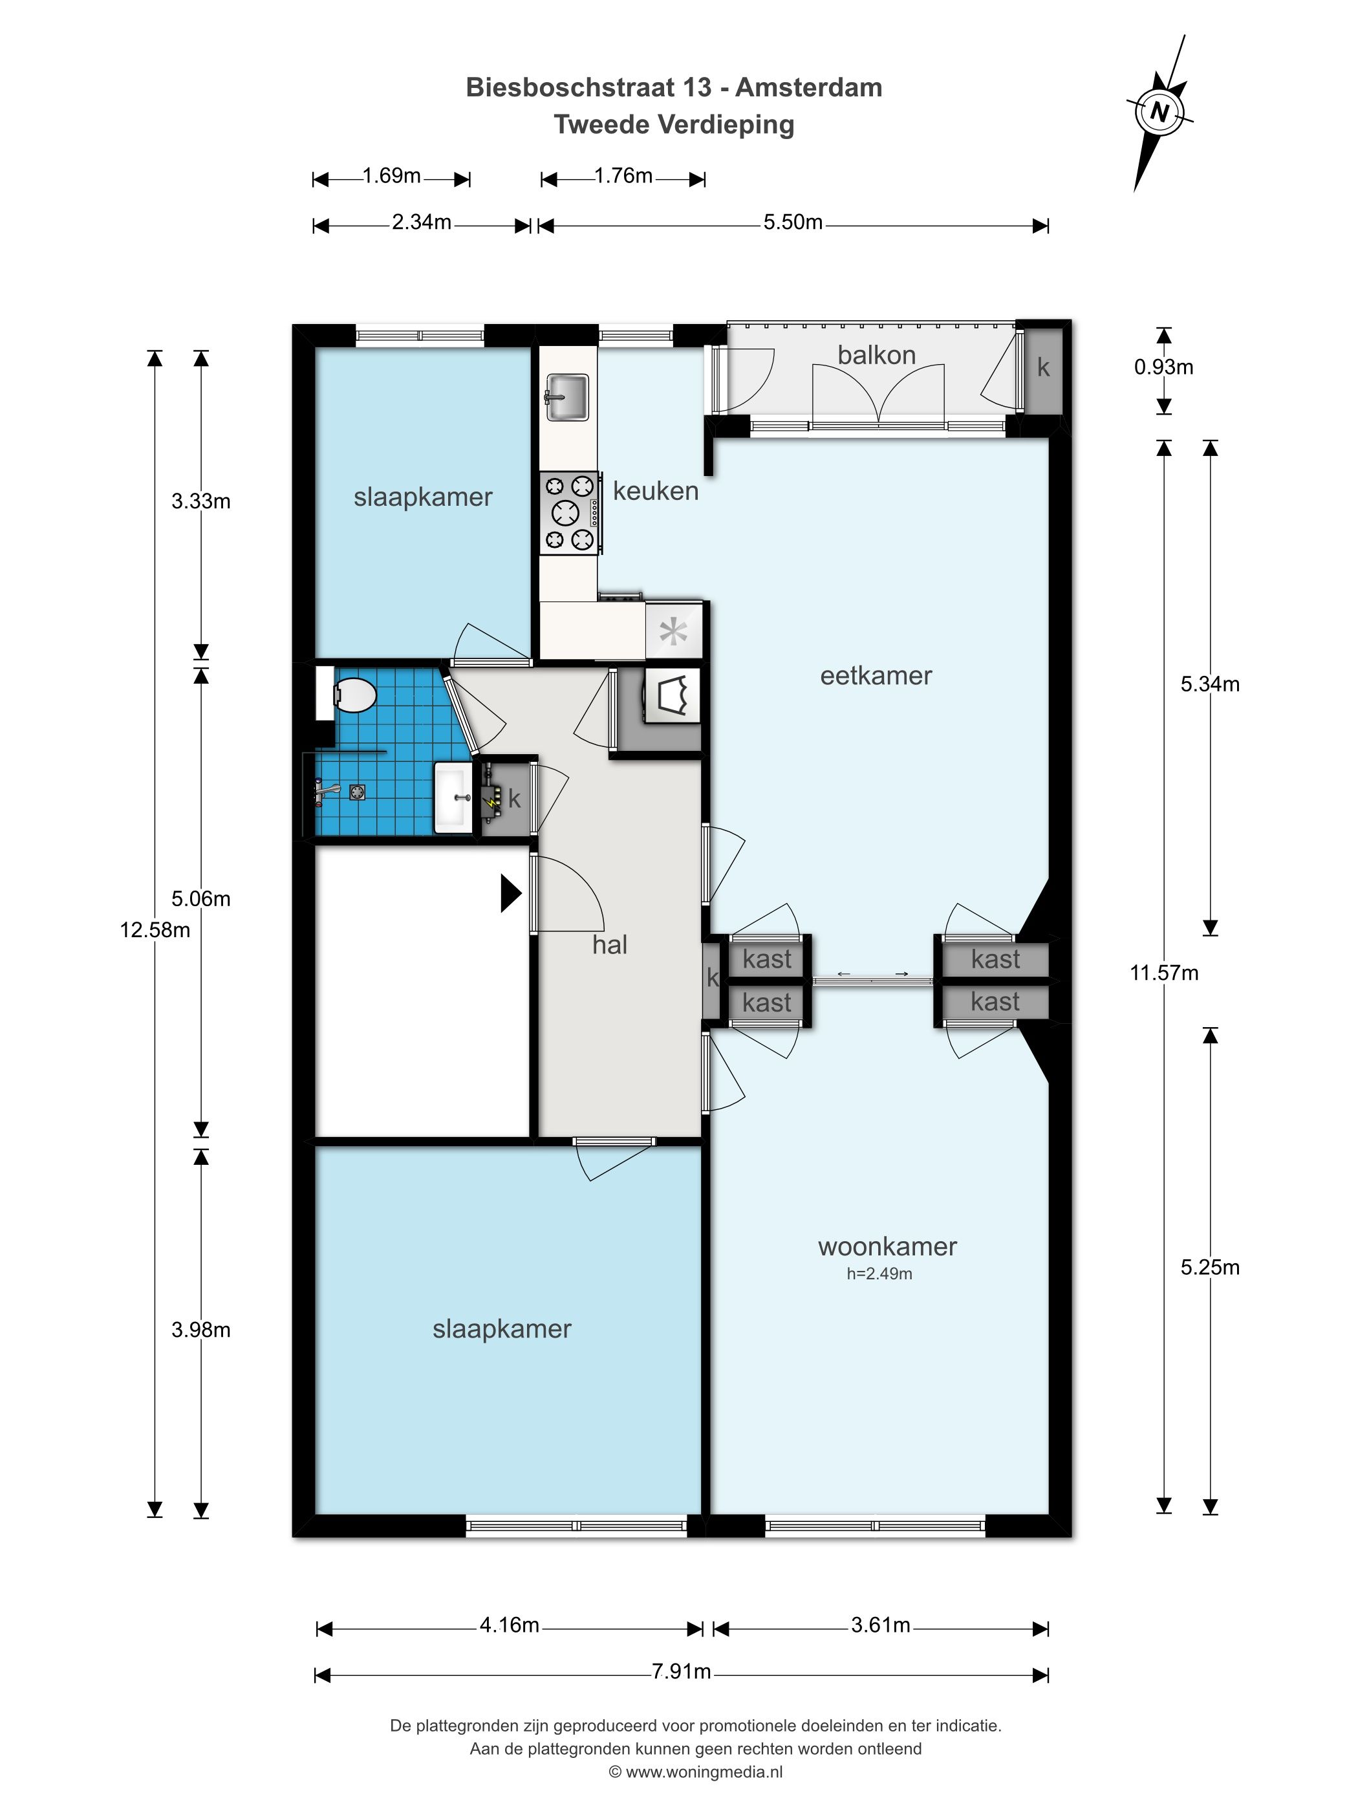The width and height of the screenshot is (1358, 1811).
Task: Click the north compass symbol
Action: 1159,111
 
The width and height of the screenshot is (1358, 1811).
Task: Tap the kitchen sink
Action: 566,397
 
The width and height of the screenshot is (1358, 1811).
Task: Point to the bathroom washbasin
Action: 453,797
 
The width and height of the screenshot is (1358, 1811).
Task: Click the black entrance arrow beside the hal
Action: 511,893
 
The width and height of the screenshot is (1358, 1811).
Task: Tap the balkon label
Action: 876,354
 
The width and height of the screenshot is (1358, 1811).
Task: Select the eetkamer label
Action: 876,675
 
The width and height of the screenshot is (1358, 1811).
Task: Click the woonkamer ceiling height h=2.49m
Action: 879,1273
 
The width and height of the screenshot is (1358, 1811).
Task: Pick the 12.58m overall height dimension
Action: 155,930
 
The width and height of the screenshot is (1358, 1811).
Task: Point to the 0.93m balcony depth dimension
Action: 1163,367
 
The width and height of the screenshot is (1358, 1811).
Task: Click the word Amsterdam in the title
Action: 809,87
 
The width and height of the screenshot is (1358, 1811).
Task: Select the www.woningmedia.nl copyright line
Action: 696,1772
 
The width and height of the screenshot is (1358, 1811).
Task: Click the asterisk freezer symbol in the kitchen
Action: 673,632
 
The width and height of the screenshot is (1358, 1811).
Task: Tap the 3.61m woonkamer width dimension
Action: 880,1624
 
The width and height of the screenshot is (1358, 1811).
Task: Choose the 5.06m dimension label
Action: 200,899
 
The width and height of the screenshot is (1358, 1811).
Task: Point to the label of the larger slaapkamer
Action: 502,1328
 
